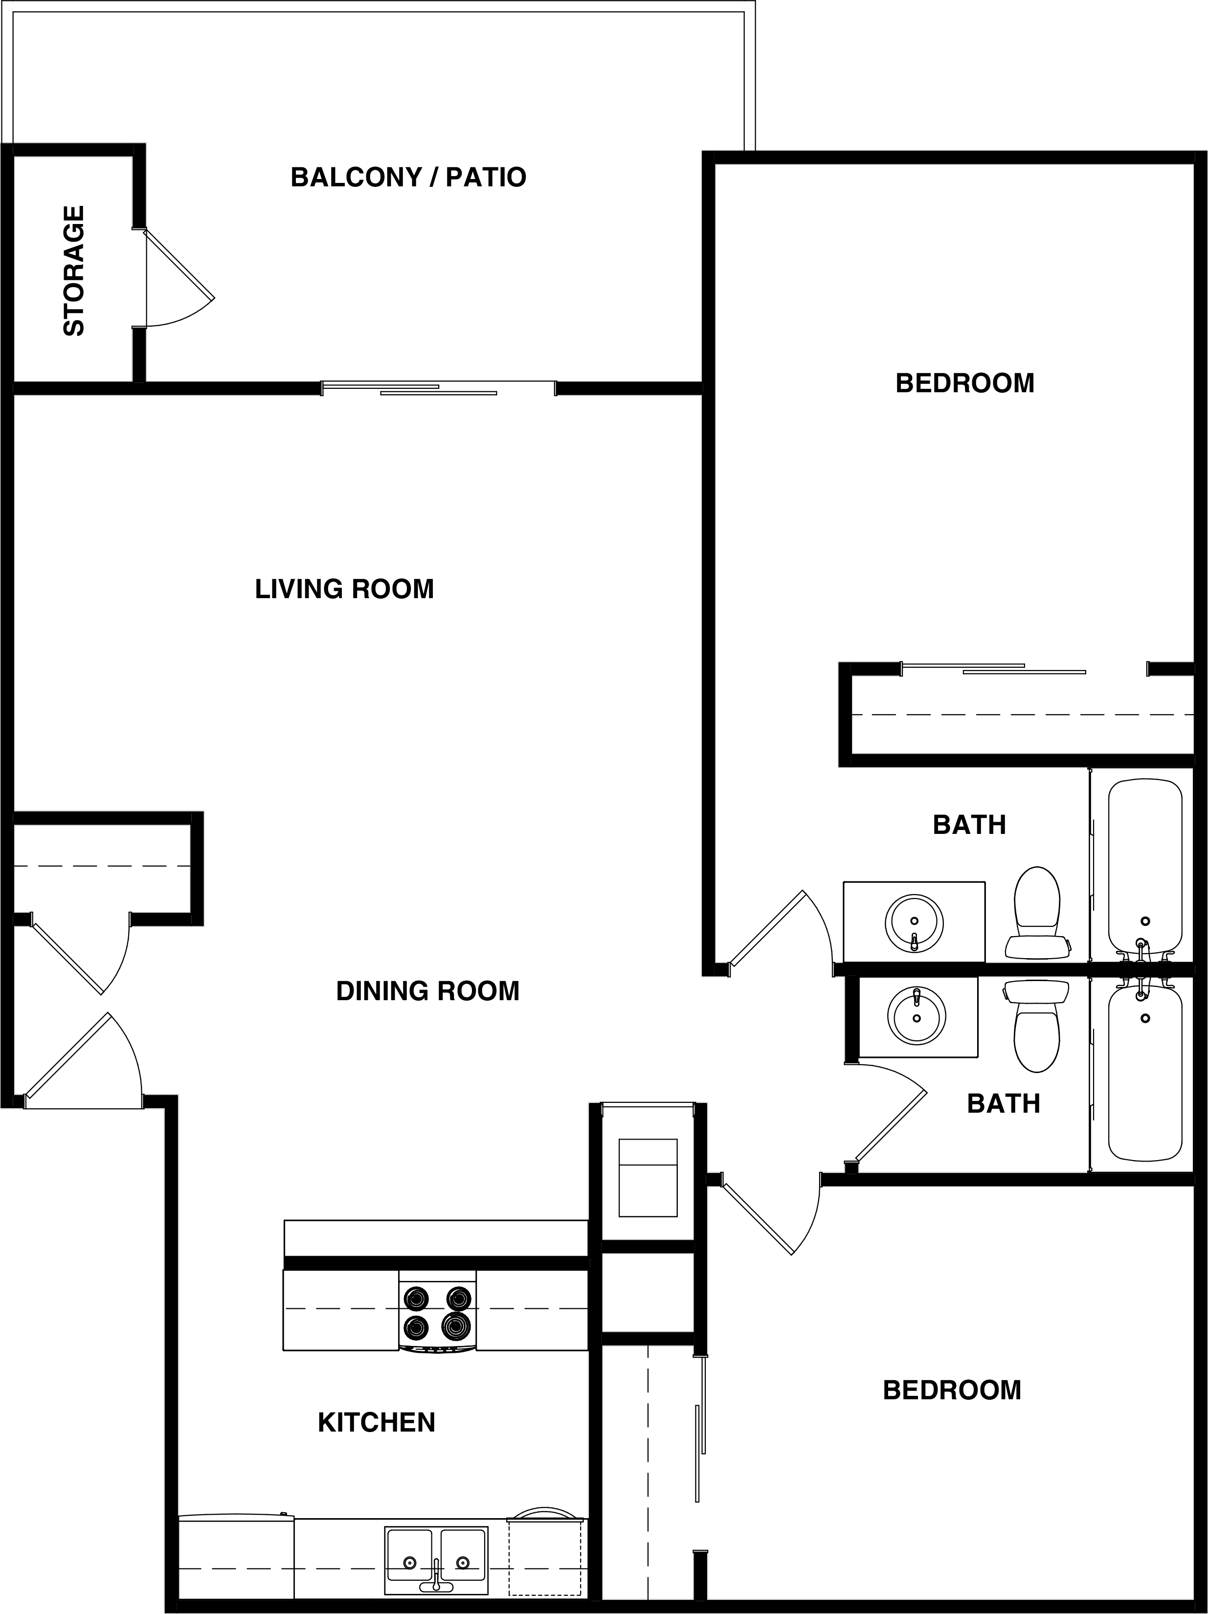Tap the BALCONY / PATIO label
(x=408, y=178)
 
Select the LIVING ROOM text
(x=344, y=589)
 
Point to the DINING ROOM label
(x=427, y=991)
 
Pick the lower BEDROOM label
(x=951, y=1390)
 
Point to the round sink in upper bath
(x=914, y=924)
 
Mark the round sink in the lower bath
(x=916, y=1016)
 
